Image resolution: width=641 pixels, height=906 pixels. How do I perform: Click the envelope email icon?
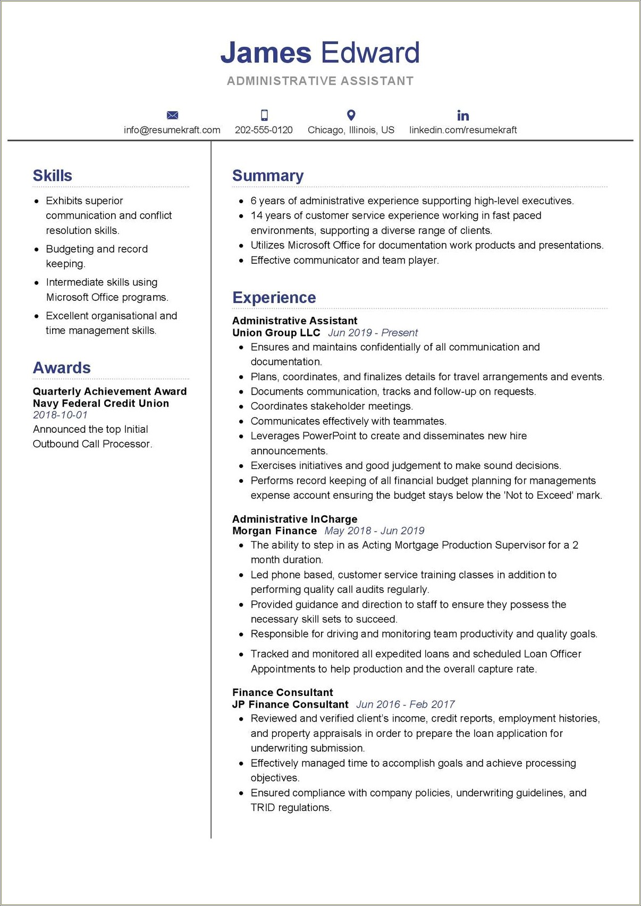click(172, 115)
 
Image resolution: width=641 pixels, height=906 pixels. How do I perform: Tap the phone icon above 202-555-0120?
click(264, 115)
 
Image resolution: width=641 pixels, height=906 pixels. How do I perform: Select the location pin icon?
click(351, 115)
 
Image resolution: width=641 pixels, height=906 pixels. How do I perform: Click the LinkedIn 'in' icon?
click(463, 115)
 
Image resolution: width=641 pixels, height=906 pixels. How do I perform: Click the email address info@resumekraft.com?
click(172, 130)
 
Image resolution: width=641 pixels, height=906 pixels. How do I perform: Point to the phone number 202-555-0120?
click(264, 130)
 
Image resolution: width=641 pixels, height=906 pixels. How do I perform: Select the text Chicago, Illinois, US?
click(351, 130)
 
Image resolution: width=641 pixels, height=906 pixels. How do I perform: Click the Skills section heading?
click(52, 176)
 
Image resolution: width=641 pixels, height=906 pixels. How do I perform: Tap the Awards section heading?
click(62, 368)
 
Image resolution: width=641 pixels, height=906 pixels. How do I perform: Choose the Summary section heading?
click(268, 176)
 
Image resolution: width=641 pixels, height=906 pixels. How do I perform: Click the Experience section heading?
click(274, 298)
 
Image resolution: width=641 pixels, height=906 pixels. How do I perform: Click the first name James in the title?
click(266, 53)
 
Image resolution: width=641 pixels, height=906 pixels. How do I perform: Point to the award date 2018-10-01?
click(60, 415)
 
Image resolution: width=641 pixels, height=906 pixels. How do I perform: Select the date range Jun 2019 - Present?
click(373, 333)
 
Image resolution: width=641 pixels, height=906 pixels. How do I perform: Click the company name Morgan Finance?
click(274, 531)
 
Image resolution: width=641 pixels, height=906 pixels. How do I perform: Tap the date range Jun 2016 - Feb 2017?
click(405, 704)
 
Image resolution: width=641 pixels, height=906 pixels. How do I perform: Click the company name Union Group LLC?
click(276, 333)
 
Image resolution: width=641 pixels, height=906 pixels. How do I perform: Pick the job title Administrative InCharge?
click(294, 519)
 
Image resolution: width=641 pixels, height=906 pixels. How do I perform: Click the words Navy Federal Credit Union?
click(101, 404)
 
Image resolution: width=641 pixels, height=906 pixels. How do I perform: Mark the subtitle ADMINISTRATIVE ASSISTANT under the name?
click(320, 81)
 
